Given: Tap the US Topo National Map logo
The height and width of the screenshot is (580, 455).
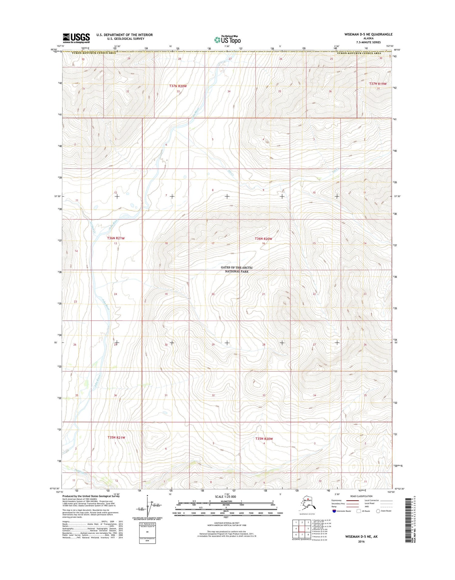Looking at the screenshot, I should click(x=227, y=39).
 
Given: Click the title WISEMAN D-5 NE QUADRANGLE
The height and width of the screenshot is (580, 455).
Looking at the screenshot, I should click(x=368, y=34).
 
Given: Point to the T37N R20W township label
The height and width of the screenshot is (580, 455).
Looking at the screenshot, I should click(x=178, y=86).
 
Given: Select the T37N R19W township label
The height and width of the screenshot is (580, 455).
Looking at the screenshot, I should click(x=378, y=84).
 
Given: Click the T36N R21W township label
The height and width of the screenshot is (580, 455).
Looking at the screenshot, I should click(x=116, y=238).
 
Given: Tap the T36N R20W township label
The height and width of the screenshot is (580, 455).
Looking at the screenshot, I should click(x=263, y=239).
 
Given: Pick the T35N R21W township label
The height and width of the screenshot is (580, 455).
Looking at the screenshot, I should click(x=116, y=438).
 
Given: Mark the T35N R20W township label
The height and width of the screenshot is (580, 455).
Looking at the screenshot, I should click(x=264, y=439).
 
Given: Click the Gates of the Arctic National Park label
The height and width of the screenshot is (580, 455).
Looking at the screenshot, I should click(x=237, y=269).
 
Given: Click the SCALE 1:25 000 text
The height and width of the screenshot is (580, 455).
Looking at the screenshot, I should click(x=225, y=497).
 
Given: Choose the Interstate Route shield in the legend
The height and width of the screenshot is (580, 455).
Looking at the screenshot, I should click(x=334, y=511).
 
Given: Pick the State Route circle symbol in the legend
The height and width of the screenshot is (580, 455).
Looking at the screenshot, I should click(x=378, y=511).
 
